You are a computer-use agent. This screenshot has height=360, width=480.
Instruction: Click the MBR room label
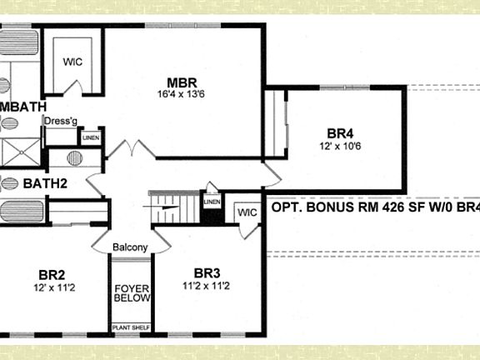pyautogui.click(x=182, y=82)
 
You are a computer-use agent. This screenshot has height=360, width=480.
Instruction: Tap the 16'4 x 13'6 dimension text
pyautogui.click(x=182, y=95)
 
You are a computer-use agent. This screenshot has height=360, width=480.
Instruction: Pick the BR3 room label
pyautogui.click(x=207, y=272)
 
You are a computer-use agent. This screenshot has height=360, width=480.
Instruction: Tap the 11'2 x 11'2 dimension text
pyautogui.click(x=207, y=285)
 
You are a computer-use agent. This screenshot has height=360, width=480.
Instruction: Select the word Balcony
pyautogui.click(x=131, y=247)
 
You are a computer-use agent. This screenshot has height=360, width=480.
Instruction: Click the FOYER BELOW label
pyautogui.click(x=131, y=293)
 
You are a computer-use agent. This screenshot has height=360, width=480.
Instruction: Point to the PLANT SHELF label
pyautogui.click(x=131, y=327)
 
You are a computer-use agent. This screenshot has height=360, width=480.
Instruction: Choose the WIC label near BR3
pyautogui.click(x=246, y=212)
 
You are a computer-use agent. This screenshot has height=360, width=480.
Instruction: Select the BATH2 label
pyautogui.click(x=44, y=183)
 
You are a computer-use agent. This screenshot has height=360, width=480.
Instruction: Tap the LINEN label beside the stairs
pyautogui.click(x=212, y=202)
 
